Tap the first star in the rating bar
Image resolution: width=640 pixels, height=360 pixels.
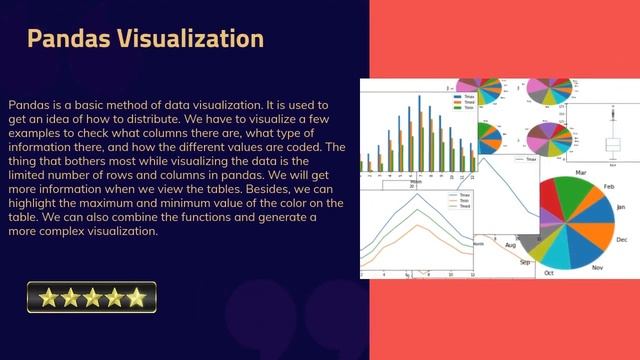(43, 297)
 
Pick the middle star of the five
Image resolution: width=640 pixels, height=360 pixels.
(91, 297)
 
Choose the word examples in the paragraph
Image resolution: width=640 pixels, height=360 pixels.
(35, 132)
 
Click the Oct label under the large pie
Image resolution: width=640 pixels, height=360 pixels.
(548, 272)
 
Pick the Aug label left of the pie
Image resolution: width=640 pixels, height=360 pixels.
(510, 245)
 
